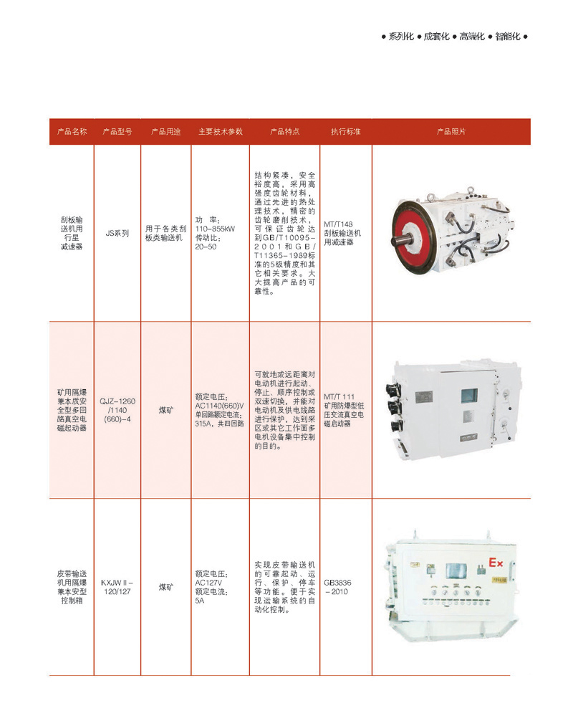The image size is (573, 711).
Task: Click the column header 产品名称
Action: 72,131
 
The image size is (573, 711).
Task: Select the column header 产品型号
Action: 117,131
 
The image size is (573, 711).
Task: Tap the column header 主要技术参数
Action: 221,131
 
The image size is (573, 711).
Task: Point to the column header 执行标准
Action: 346,131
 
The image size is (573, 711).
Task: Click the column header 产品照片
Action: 451,131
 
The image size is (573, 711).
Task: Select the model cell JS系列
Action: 117,233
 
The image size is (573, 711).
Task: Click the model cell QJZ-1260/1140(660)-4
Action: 117,410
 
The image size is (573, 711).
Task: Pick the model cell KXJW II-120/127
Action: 117,587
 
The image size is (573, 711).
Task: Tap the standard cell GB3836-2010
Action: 337,587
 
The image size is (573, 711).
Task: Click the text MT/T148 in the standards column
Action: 338,224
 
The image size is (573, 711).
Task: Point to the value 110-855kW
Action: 215,229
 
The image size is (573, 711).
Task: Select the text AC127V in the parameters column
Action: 208,583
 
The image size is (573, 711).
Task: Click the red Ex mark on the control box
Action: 496,563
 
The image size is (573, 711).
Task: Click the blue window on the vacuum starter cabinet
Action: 470,396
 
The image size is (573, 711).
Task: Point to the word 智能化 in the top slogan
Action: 507,37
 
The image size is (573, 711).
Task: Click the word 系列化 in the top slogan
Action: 401,37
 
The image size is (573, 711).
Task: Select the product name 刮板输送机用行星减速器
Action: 72,233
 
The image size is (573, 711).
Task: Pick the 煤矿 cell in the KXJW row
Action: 165,587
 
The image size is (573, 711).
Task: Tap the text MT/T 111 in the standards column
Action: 340,397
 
